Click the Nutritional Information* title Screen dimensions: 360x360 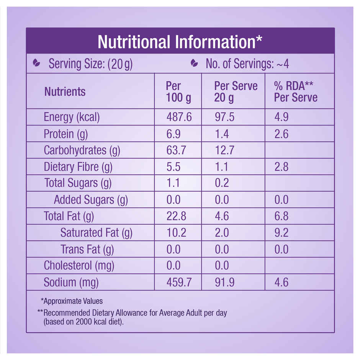point(180,42)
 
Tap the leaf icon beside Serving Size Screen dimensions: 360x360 point(36,62)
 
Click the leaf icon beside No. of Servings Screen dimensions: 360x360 point(194,63)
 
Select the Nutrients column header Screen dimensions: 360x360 point(65,92)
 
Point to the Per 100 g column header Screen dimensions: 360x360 point(178,92)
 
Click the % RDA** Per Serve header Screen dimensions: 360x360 point(296,92)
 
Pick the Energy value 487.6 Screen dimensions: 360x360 point(179,117)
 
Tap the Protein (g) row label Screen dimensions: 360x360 point(64,134)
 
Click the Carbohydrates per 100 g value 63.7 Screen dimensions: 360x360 point(176,151)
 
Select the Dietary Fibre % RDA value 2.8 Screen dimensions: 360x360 point(281,167)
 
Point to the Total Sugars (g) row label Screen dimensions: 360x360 point(78,183)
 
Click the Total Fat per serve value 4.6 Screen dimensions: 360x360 point(222,216)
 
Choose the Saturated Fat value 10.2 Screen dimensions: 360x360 point(176,233)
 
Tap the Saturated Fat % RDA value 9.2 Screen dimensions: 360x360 point(281,233)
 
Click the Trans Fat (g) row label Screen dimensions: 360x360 point(87,250)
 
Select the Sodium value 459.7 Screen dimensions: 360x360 point(179,283)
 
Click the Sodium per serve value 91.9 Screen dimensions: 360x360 point(224,283)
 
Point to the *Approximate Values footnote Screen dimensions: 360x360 point(72,301)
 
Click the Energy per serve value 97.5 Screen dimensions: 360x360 point(224,117)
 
